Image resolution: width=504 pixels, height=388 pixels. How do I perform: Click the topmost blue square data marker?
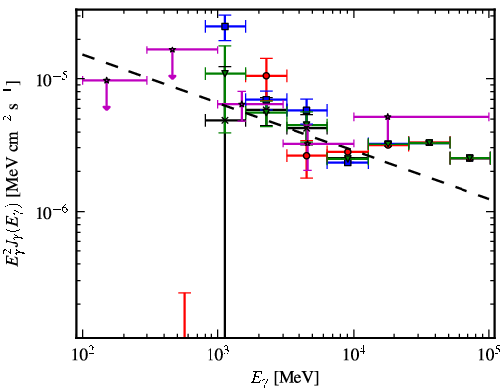click(225, 27)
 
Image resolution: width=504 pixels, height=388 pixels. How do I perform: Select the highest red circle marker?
click(266, 76)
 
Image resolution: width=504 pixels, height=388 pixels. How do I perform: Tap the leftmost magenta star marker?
click(106, 80)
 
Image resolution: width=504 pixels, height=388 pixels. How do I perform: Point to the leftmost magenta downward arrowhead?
click(106, 108)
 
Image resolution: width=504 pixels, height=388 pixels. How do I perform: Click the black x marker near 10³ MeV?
click(225, 120)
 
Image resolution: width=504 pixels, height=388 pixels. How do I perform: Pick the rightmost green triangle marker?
click(470, 158)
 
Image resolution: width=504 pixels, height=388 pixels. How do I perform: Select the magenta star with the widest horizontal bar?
click(388, 117)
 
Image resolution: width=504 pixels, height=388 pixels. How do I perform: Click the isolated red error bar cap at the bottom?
click(185, 293)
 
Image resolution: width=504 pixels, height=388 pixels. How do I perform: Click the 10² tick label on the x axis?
click(83, 355)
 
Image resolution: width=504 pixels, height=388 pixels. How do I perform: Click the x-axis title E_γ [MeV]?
click(285, 377)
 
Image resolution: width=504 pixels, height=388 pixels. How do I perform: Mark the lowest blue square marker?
click(348, 162)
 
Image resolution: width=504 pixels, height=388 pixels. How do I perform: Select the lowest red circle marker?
click(307, 156)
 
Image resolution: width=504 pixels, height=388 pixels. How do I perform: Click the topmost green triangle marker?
click(225, 73)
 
